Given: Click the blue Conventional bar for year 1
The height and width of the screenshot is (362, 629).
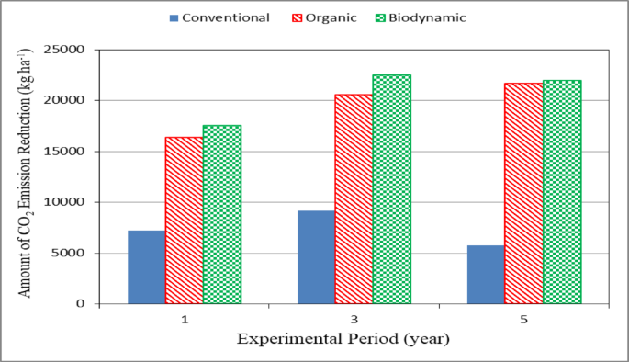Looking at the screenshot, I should coord(146,267).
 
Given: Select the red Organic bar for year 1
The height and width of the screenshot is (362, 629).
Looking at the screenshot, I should coord(184,221).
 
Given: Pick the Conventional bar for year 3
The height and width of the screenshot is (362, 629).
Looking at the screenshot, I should coord(316,257).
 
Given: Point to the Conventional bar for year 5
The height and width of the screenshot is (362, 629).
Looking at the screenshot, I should coord(486,275).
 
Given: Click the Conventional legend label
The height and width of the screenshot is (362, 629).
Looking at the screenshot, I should coord(226,17).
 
